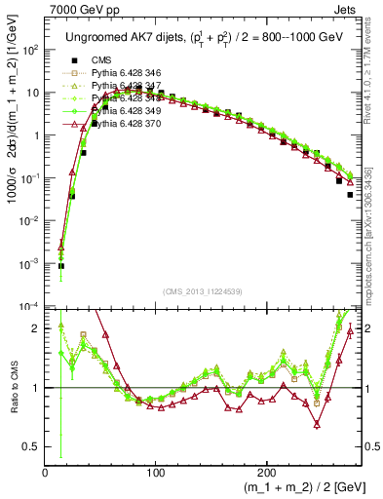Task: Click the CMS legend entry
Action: click(100, 60)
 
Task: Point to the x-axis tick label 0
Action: click(45, 472)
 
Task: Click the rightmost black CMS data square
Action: click(350, 195)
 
